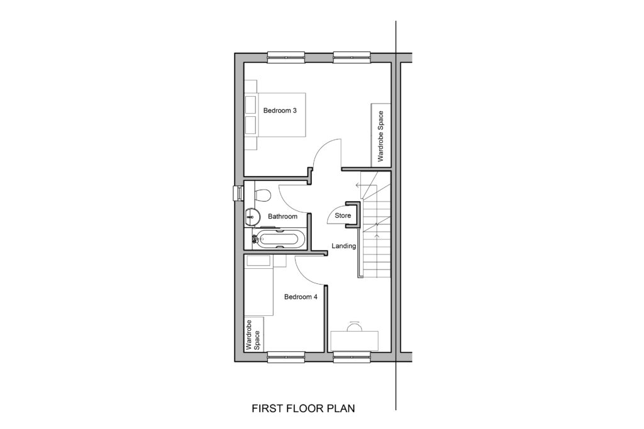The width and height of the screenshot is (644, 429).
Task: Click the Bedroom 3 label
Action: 280,111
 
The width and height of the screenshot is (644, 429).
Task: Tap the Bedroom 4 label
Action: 301,296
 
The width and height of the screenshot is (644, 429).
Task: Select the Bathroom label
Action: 282,216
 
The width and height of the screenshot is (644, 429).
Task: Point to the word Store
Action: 343,215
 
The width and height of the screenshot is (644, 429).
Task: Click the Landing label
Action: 344,246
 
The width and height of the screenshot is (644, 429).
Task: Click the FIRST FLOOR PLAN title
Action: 303,408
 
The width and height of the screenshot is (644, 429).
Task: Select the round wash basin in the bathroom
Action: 252,216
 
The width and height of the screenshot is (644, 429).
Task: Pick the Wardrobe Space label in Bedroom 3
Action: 380,136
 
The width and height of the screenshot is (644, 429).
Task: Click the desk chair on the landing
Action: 354,327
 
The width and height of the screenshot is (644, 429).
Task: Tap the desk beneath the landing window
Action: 355,341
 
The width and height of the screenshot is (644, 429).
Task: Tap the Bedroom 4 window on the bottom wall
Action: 286,357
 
